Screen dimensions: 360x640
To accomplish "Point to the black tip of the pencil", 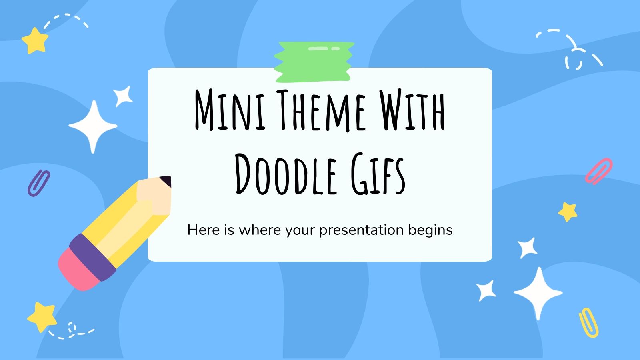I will (x=166, y=181).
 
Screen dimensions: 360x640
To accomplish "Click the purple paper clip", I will (x=38, y=182).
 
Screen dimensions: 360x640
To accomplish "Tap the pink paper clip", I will (x=598, y=171).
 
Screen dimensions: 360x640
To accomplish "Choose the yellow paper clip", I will (x=588, y=322).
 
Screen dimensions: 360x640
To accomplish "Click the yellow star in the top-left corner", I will (x=35, y=40).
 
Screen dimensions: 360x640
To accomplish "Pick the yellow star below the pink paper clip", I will (x=568, y=212).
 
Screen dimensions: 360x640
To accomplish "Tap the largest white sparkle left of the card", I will (x=93, y=126).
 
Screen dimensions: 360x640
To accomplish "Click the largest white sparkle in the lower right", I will (x=538, y=293).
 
